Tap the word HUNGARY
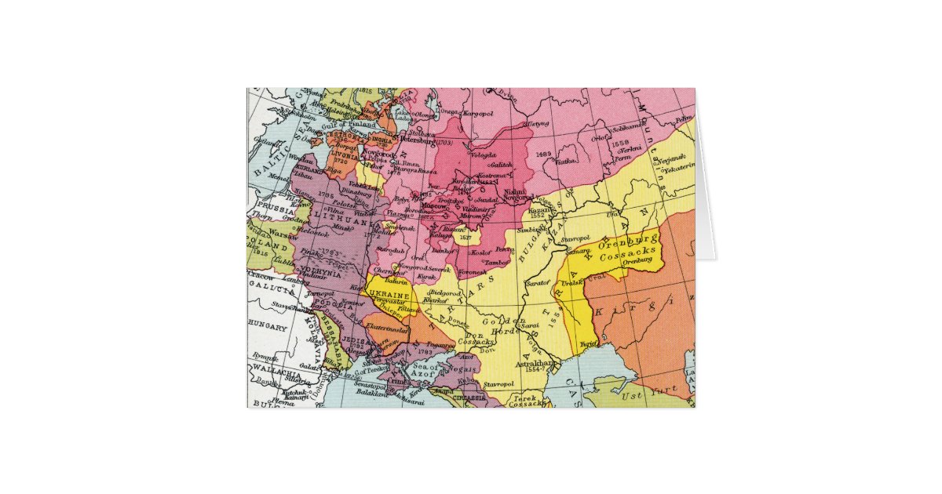[268, 323]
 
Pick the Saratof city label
[538, 281]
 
